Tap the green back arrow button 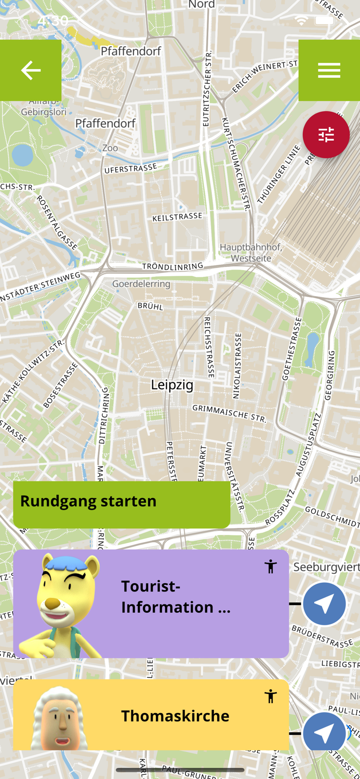(x=31, y=70)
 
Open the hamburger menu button (x=329, y=70)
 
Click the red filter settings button (x=326, y=135)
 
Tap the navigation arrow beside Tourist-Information (x=325, y=604)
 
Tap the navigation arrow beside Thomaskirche (x=325, y=733)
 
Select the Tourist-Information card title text (x=176, y=597)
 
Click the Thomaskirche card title (x=175, y=716)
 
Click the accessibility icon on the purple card (x=271, y=566)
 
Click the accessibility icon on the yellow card (x=271, y=696)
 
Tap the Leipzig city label (x=172, y=385)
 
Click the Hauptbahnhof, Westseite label (x=251, y=252)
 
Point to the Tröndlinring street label (x=173, y=266)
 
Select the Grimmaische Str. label (x=229, y=413)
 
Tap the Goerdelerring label (x=141, y=284)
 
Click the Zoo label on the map (x=110, y=148)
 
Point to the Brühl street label (x=151, y=306)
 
